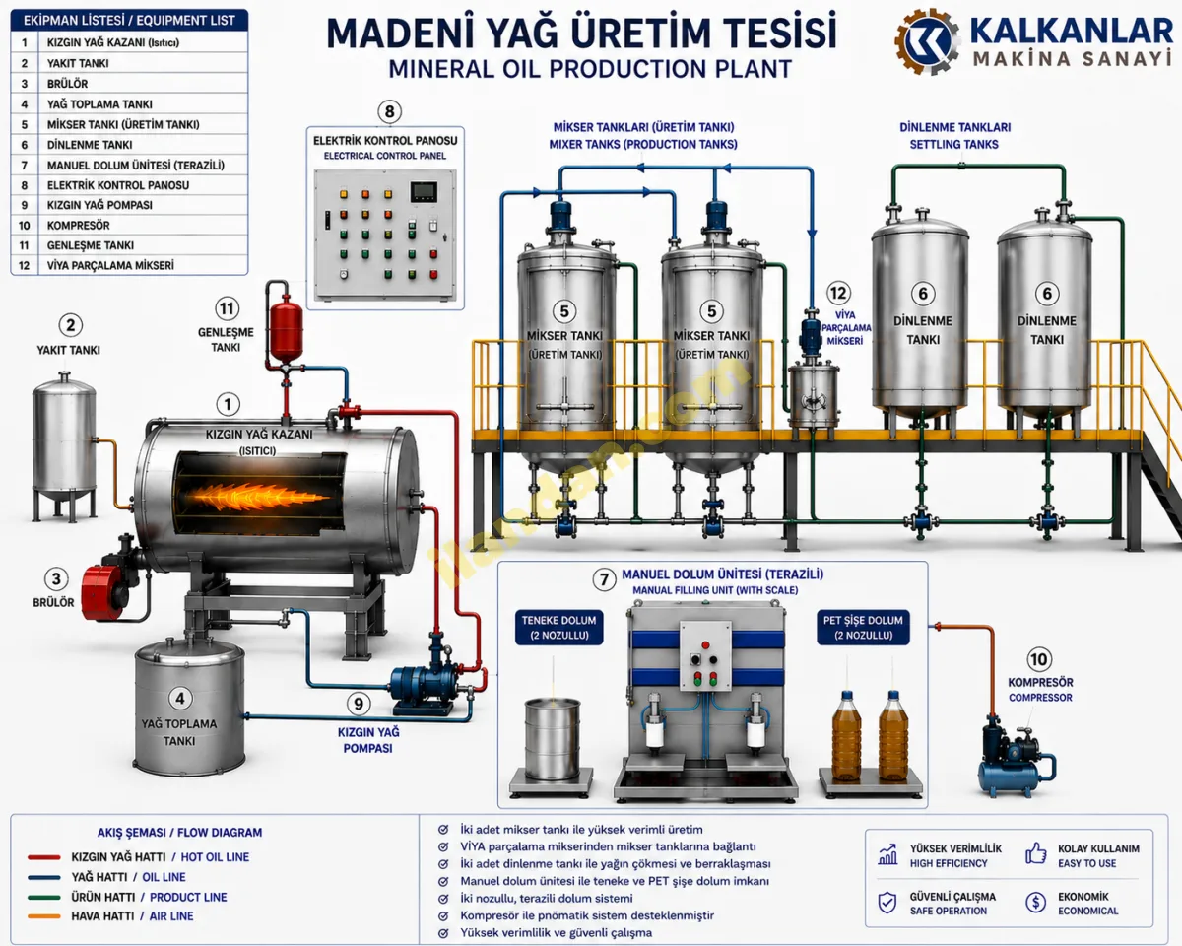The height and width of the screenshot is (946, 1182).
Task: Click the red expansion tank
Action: (x=286, y=329)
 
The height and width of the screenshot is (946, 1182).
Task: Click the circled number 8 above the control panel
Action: (x=389, y=111)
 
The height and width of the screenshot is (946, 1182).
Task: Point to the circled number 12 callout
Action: (x=838, y=293)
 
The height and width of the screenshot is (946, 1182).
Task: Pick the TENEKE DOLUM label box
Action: (x=558, y=627)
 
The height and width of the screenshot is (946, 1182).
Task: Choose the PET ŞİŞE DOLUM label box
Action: (x=862, y=627)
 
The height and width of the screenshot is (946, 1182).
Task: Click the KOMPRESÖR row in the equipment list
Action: (x=129, y=226)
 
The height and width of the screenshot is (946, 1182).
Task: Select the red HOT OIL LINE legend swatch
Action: (x=44, y=857)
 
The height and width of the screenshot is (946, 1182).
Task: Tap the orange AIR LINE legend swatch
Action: (x=44, y=916)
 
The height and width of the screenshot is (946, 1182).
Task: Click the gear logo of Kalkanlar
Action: (x=928, y=41)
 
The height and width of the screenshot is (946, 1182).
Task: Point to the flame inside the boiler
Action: (x=254, y=497)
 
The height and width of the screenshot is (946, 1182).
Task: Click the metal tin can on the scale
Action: (x=552, y=738)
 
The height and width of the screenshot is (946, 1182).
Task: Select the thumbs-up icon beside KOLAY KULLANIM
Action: (x=1036, y=853)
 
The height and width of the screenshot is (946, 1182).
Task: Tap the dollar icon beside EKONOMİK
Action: (x=1036, y=902)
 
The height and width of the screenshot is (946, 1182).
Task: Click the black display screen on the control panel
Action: (x=424, y=192)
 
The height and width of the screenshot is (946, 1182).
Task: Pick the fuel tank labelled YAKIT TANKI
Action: (x=65, y=445)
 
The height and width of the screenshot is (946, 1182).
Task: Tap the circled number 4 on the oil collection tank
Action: (x=180, y=699)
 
